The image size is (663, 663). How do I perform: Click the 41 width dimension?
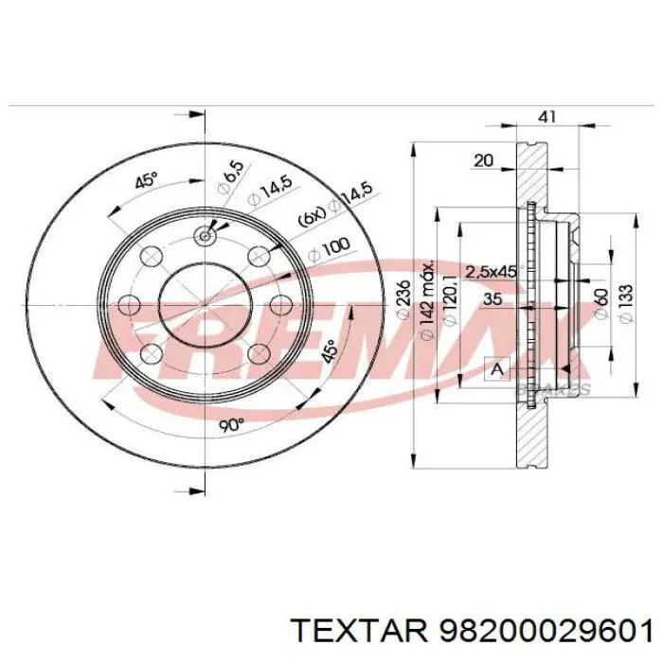pyautogui.click(x=547, y=116)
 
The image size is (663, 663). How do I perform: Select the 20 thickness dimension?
pyautogui.click(x=484, y=161)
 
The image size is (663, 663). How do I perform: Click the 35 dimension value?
pyautogui.click(x=492, y=298)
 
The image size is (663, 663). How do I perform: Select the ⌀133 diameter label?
pyautogui.click(x=624, y=304)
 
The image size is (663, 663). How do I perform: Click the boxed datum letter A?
pyautogui.click(x=494, y=367)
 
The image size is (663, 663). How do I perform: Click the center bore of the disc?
pyautogui.click(x=205, y=304)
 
